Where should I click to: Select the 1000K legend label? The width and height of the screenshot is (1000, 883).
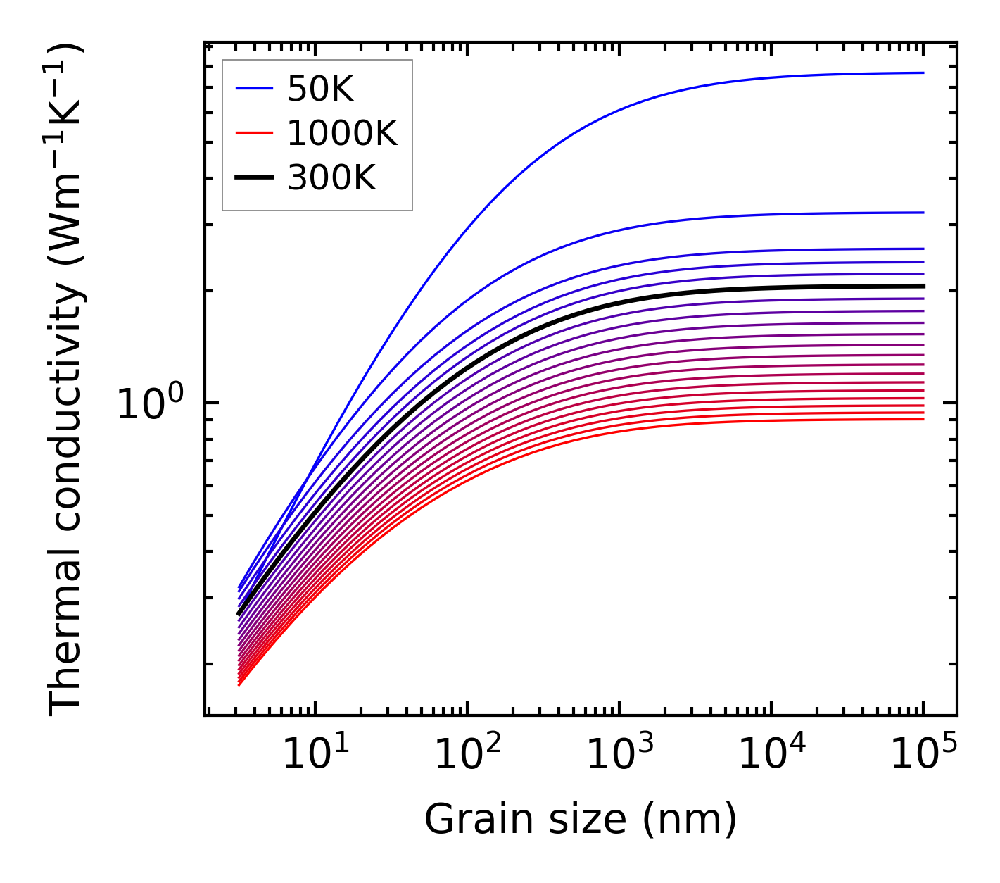(x=342, y=133)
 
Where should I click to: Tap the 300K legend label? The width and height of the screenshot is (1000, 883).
(x=331, y=178)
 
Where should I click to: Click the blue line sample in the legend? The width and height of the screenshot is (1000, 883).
(x=253, y=89)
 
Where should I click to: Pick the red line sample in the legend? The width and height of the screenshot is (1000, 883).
(x=253, y=133)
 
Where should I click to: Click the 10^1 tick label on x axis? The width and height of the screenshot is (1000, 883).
(x=315, y=756)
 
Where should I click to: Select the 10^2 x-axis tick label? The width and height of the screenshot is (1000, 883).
(x=467, y=756)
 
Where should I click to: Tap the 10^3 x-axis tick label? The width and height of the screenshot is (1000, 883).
(x=619, y=756)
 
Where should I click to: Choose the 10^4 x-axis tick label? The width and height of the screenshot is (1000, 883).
(x=771, y=756)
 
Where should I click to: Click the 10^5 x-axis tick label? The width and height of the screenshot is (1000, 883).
(x=923, y=756)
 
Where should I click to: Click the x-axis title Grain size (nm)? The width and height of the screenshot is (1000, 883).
(x=581, y=820)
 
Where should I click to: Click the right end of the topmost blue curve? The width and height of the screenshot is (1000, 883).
(x=923, y=73)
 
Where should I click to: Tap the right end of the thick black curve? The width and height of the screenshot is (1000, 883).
(x=923, y=286)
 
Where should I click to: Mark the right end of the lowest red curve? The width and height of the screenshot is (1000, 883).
(x=923, y=420)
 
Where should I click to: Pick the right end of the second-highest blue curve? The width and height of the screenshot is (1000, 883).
(x=923, y=212)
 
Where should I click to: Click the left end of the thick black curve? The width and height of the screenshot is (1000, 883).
(x=239, y=613)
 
